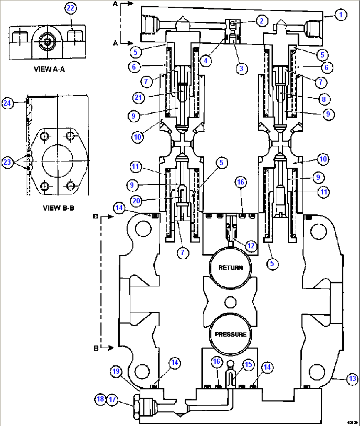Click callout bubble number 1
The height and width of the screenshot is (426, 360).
(341, 15)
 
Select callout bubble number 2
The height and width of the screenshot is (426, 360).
(262, 21)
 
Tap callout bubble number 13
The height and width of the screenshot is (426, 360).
(352, 378)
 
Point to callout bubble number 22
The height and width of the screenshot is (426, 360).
(70, 8)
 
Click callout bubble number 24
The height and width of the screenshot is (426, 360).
(7, 103)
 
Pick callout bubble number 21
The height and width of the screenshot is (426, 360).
(139, 97)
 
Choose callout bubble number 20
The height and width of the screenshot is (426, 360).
(136, 200)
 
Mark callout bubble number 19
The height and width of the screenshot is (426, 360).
(116, 372)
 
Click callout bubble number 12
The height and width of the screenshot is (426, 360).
(251, 246)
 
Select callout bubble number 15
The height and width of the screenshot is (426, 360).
(248, 365)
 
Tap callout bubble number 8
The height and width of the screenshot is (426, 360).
(324, 99)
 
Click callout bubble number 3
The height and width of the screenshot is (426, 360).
(241, 69)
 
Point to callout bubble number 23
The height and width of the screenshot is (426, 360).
(7, 162)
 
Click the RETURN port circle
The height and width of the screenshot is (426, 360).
(231, 268)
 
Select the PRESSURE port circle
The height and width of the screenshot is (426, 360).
(231, 334)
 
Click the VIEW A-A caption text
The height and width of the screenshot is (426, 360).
(49, 69)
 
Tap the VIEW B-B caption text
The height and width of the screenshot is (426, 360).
(58, 208)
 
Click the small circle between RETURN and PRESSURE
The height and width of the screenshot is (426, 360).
(230, 302)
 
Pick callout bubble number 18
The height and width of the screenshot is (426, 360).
(100, 399)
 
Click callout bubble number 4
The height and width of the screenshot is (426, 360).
(206, 61)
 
